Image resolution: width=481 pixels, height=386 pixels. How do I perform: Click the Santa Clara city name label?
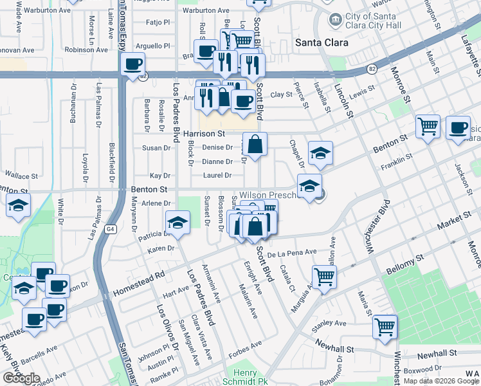pos(322,42)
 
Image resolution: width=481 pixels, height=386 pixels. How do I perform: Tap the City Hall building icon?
pos(334,19)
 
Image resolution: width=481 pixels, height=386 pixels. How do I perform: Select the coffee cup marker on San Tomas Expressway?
pos(132,64)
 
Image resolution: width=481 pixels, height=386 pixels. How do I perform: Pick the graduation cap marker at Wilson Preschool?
pos(309,186)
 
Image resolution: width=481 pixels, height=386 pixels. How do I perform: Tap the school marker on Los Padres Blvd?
pos(177,223)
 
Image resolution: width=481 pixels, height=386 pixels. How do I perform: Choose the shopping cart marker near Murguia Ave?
pos(325,277)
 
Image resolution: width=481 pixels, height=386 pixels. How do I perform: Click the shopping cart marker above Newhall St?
pos(385,326)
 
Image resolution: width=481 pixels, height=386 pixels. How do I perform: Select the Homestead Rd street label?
pos(138,283)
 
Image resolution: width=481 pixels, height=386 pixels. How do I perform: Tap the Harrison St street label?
pos(204,134)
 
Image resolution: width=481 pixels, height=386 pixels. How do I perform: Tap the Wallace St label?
pos(22,174)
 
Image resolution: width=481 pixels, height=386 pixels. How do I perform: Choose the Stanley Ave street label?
pos(329,323)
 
